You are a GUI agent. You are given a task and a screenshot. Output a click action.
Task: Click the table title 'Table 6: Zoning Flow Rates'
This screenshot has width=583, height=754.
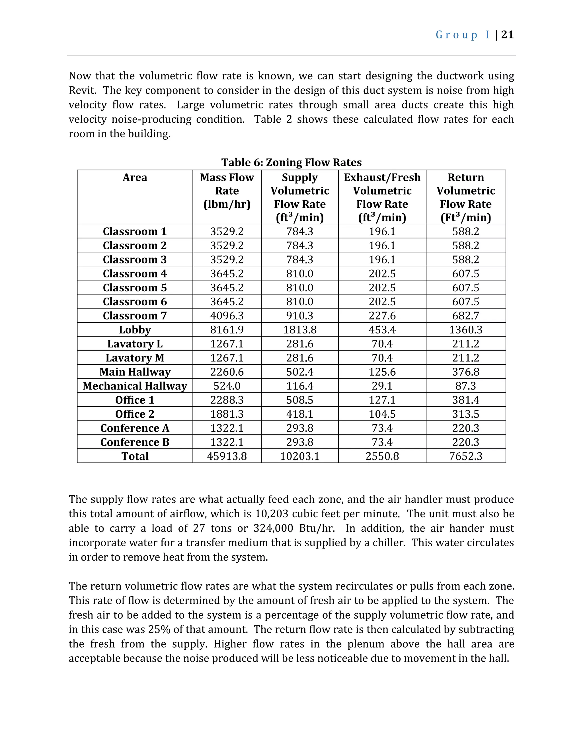point(291,162)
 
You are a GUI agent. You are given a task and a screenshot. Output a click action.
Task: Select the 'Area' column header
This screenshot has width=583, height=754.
point(135,178)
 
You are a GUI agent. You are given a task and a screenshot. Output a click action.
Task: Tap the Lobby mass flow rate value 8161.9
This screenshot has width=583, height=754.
point(227,330)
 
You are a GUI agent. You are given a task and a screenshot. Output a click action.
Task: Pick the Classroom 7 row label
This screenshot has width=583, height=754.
point(135,316)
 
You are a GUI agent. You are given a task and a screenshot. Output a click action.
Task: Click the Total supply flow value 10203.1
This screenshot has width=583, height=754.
point(300,456)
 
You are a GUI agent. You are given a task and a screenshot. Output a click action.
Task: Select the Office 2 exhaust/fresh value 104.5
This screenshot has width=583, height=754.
point(382,414)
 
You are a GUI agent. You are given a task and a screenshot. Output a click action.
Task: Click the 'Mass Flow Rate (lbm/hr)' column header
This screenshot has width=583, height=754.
point(227,191)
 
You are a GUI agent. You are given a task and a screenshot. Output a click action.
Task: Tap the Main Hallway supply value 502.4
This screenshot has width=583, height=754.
point(300,372)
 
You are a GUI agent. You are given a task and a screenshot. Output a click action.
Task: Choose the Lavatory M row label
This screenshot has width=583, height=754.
point(135,358)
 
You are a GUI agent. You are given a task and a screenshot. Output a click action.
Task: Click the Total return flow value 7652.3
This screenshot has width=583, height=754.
point(465,456)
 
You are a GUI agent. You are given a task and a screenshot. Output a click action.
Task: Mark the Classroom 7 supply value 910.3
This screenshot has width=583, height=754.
point(300,316)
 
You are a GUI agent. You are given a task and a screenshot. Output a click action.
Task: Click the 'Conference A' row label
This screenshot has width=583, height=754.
point(135,428)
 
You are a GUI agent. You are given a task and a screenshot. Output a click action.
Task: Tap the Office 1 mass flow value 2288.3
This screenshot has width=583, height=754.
point(227,400)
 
